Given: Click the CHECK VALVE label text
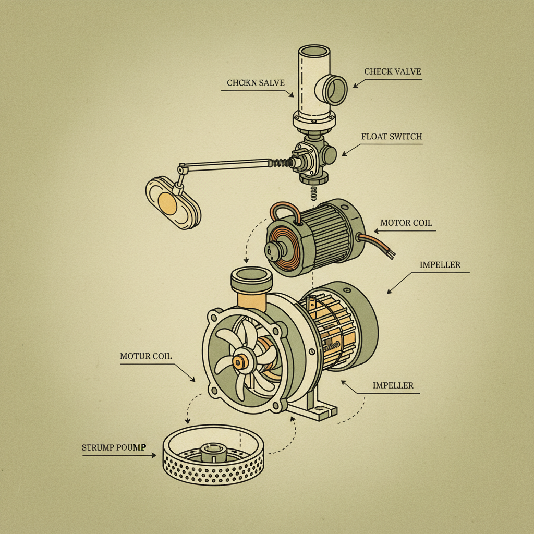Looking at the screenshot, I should point(393,71).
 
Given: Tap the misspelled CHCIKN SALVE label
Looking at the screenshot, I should point(256,83).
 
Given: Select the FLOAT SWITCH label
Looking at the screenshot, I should point(391,137).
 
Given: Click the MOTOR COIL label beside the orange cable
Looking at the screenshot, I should point(406,223).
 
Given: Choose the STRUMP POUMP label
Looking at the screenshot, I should point(114,447).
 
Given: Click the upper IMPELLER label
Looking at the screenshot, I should point(440,265).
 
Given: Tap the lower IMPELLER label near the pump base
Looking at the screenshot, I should point(393,385).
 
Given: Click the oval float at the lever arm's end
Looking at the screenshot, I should point(173,202).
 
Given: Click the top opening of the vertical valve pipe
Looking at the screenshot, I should point(313,53).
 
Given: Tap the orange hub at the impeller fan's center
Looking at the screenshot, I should point(240,362).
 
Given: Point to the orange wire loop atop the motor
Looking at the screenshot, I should point(284,212).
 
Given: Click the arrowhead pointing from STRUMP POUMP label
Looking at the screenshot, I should point(154,455).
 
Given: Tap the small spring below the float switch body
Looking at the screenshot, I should point(313,192).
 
